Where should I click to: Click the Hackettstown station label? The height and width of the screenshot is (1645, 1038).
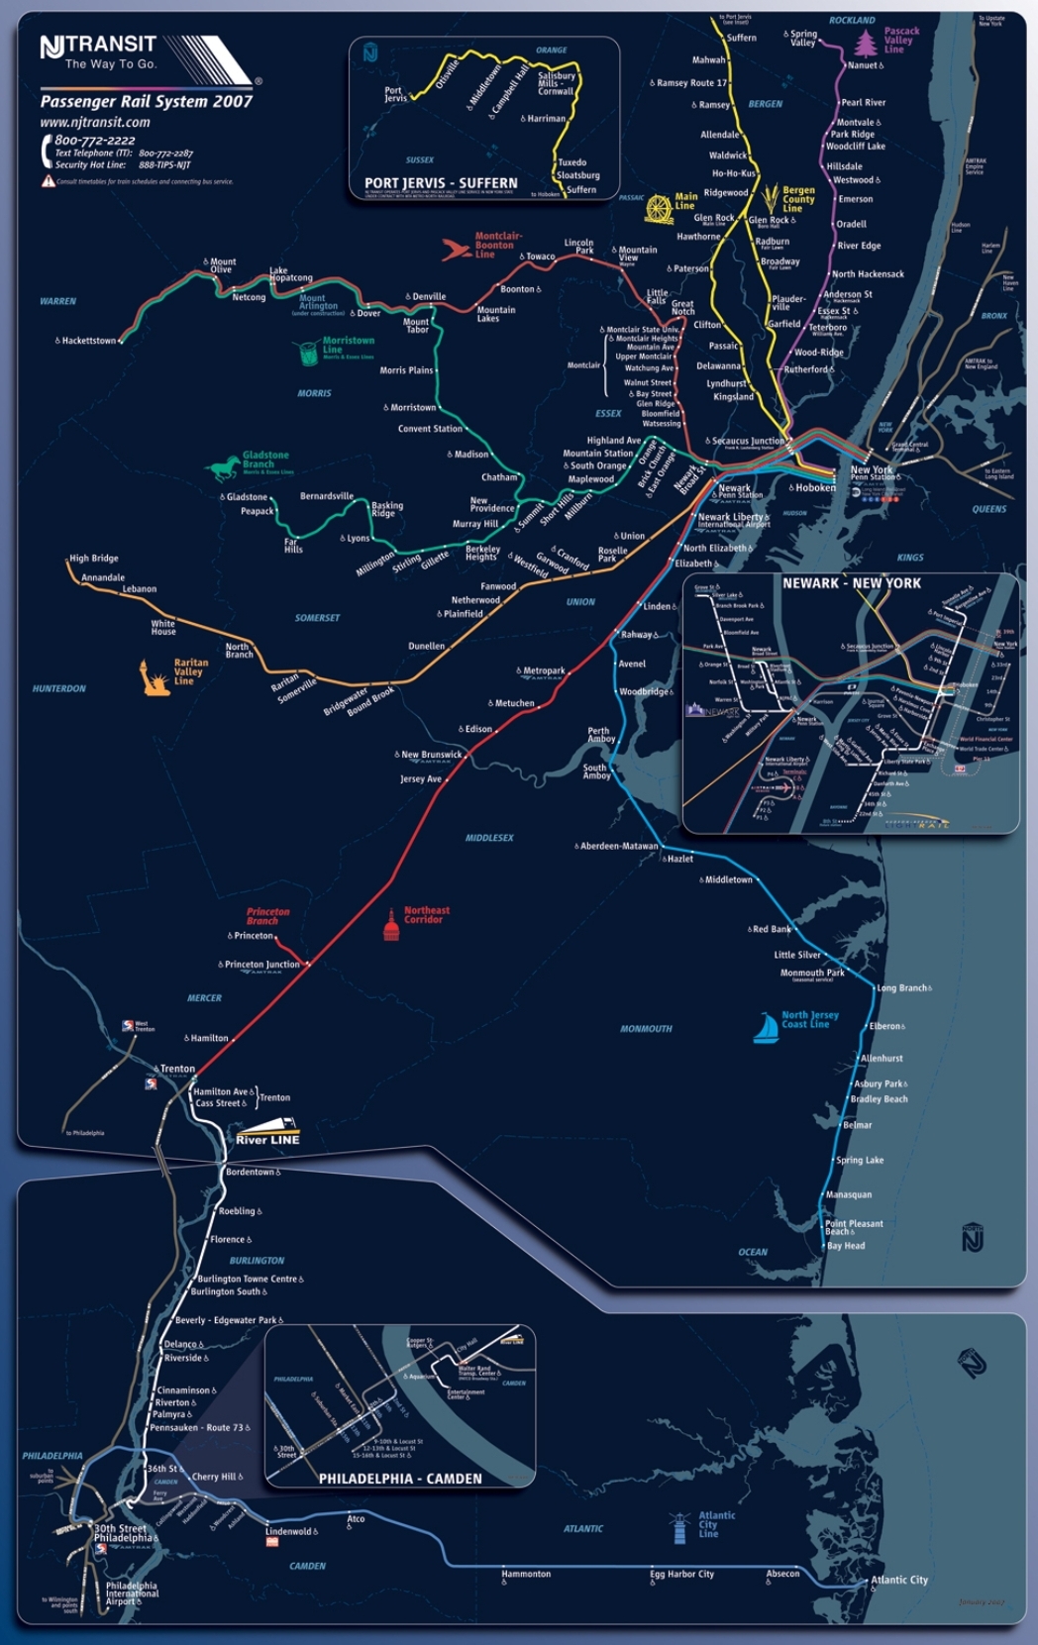tap(88, 341)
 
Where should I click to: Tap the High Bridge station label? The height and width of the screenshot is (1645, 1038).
tap(94, 559)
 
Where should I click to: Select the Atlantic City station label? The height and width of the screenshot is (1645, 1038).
tap(899, 1580)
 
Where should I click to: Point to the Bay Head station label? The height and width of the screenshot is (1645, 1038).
tap(846, 1246)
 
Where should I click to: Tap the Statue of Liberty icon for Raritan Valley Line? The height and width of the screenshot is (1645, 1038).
tap(155, 677)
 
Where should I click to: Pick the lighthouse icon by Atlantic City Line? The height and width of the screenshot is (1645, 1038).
tap(679, 1528)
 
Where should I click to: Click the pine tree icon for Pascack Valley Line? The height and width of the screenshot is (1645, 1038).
tap(866, 44)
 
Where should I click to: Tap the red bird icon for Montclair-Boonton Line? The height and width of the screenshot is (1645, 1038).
tap(456, 249)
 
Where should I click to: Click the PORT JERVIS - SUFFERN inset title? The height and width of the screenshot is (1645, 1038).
tap(441, 183)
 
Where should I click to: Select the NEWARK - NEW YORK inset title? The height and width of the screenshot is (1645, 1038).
tap(851, 583)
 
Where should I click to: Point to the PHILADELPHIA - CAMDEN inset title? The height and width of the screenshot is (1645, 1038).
tap(400, 1479)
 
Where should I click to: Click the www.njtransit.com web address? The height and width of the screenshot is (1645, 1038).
tap(95, 123)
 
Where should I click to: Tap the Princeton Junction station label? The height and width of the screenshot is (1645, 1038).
tap(261, 964)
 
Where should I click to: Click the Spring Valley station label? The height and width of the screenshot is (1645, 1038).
tap(803, 39)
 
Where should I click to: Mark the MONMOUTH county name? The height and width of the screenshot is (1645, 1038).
tap(646, 1029)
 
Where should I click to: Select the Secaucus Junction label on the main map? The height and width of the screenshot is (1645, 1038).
tap(748, 441)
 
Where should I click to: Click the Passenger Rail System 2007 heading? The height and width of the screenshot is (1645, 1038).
tap(147, 101)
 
